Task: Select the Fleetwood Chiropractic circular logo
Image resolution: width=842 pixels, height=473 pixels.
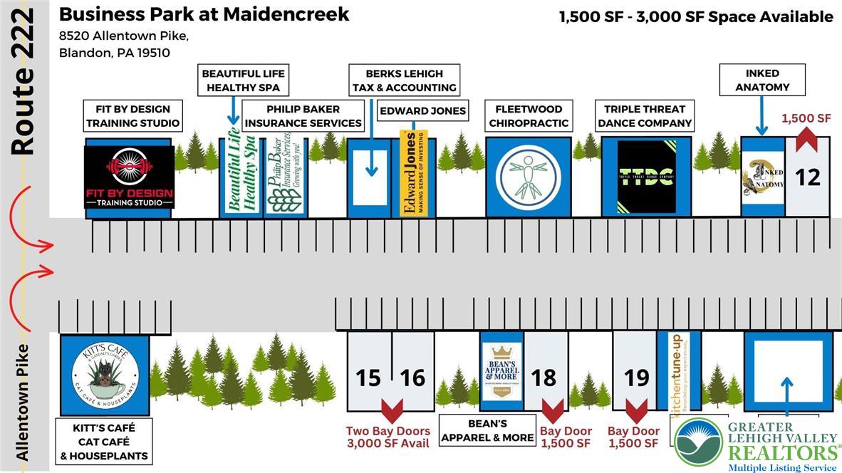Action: tap(529, 177)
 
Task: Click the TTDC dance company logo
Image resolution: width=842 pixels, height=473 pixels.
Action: tap(646, 177)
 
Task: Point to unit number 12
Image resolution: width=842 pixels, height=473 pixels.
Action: tap(807, 177)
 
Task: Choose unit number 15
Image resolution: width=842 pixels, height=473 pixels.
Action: tap(368, 377)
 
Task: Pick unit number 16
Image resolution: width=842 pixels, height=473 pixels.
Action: tap(412, 377)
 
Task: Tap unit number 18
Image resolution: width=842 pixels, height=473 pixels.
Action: tap(544, 377)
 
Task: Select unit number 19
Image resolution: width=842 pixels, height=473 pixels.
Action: tap(636, 377)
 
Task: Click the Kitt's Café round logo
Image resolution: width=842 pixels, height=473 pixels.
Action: tap(105, 375)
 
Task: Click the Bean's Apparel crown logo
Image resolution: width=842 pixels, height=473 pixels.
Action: tap(501, 371)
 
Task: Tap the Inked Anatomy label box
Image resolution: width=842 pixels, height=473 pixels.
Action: tap(762, 80)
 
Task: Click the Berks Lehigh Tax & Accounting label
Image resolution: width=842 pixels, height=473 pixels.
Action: tap(404, 80)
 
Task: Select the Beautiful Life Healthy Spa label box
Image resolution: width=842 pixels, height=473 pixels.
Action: tap(243, 80)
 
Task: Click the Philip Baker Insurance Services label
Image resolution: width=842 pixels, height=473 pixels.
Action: tap(303, 116)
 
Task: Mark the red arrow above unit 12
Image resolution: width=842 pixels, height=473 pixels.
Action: tap(806, 137)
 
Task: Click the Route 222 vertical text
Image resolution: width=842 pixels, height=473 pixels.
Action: tap(24, 82)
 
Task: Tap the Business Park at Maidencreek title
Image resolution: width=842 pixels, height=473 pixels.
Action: tap(204, 14)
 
